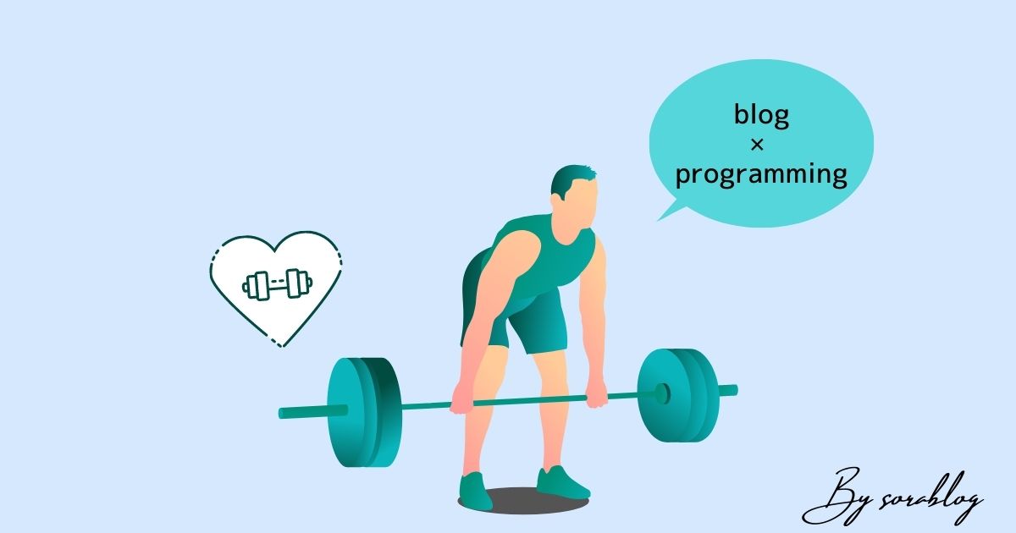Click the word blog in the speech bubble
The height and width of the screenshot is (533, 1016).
pyautogui.click(x=761, y=116)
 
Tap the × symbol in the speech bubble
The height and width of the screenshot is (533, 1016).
pyautogui.click(x=757, y=145)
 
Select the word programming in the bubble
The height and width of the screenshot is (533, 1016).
pyautogui.click(x=761, y=175)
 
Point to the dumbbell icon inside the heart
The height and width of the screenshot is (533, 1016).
pyautogui.click(x=277, y=284)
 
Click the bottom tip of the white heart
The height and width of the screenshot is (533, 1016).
pyautogui.click(x=282, y=347)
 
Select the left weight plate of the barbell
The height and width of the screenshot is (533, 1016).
pyautogui.click(x=364, y=412)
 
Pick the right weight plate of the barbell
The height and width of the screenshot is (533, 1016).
pyautogui.click(x=678, y=395)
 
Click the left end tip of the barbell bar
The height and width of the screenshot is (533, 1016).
pyautogui.click(x=280, y=414)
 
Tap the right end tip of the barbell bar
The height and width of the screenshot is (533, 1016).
pyautogui.click(x=736, y=390)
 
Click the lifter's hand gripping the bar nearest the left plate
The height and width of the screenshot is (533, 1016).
pyautogui.click(x=462, y=399)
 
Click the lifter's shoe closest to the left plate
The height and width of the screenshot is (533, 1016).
pyautogui.click(x=474, y=491)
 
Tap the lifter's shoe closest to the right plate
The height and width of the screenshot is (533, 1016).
pyautogui.click(x=562, y=484)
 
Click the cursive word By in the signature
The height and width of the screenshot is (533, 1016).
pyautogui.click(x=839, y=497)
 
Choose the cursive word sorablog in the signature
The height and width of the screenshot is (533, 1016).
pyautogui.click(x=930, y=498)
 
